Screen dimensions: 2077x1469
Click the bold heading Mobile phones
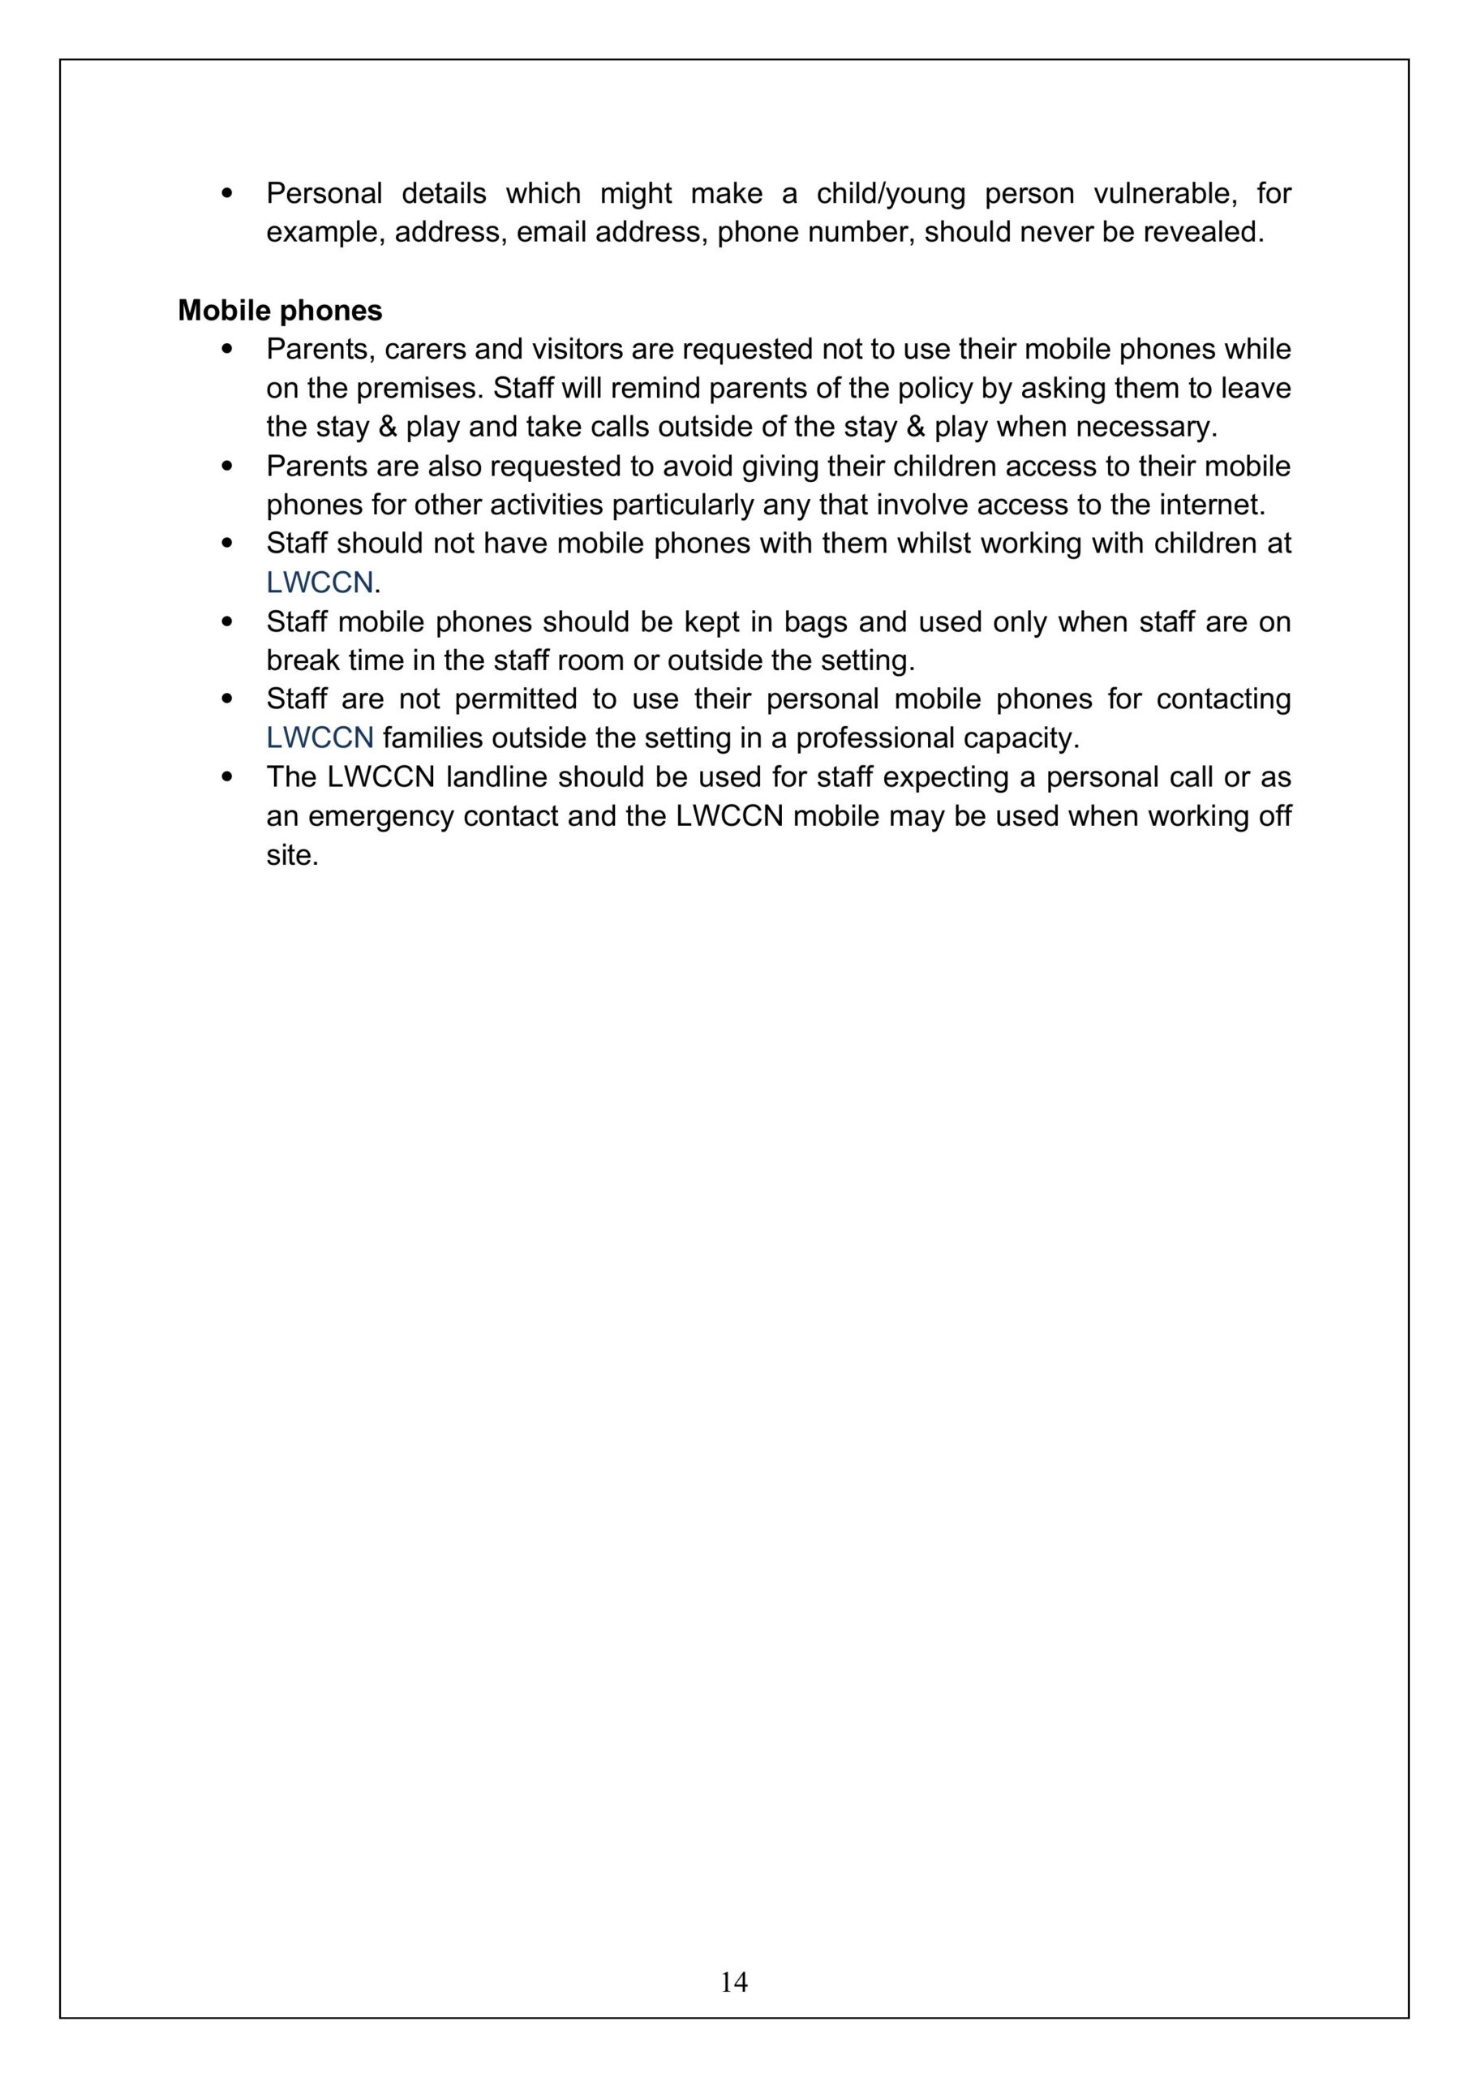point(280,310)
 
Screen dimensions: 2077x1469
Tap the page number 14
point(733,1982)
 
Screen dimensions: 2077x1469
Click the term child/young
point(890,194)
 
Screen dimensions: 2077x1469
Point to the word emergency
point(380,816)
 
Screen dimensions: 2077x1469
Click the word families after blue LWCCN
point(432,738)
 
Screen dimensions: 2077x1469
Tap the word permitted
point(515,699)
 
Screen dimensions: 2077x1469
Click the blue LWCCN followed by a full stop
point(320,583)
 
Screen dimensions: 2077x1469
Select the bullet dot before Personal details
point(227,194)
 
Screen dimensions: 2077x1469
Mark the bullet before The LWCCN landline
point(227,777)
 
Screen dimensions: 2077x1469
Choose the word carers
point(424,349)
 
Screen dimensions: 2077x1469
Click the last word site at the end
point(291,855)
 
